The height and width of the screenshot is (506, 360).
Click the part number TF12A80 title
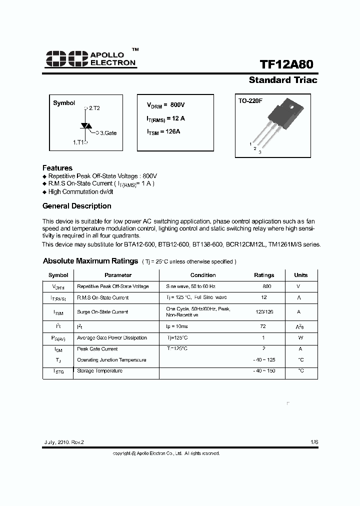click(288, 65)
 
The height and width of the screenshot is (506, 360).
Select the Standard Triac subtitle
click(283, 80)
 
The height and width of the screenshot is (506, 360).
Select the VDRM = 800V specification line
click(165, 105)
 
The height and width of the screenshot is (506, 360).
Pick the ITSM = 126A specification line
click(163, 131)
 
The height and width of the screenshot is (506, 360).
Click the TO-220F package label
click(250, 101)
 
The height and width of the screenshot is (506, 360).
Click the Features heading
click(57, 168)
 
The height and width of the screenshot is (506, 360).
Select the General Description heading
click(77, 206)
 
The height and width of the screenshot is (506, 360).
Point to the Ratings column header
click(264, 275)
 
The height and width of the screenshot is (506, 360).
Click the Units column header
click(301, 275)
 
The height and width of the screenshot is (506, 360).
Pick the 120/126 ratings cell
click(263, 311)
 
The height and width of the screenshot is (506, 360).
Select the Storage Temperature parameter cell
click(99, 371)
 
